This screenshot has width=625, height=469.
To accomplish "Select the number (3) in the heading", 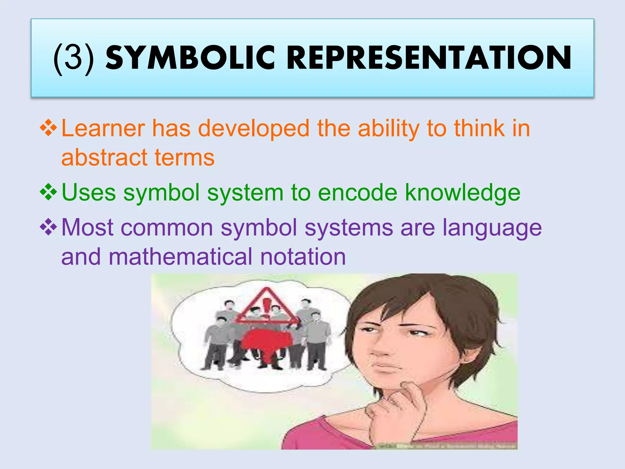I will [74, 58].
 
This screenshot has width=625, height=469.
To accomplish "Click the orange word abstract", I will [104, 158].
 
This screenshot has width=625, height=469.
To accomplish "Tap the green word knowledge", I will [462, 193].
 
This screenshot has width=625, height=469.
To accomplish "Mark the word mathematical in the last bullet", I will [180, 257].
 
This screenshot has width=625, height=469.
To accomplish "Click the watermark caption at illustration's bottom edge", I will [446, 446].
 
